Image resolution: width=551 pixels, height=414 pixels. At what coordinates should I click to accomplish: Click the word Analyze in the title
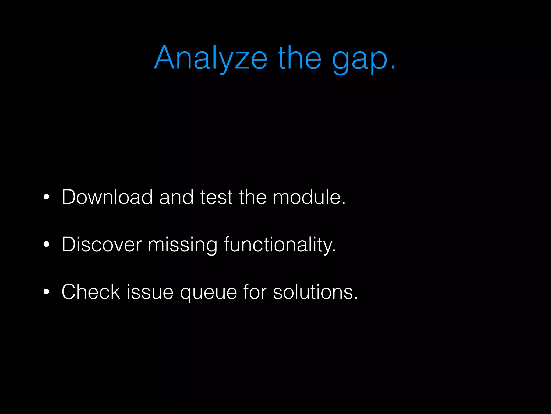click(211, 58)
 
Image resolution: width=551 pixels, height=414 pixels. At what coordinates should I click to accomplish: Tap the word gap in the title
click(359, 59)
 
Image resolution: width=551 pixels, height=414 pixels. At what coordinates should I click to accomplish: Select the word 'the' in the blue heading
click(299, 58)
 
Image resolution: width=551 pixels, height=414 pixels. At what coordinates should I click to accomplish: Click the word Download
click(107, 197)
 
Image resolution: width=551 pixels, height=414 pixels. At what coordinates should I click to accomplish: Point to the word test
click(216, 197)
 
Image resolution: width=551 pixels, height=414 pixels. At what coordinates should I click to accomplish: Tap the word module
click(309, 197)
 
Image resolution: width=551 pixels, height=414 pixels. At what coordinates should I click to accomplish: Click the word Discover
click(101, 244)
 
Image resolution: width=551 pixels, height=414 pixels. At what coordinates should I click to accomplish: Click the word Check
click(91, 292)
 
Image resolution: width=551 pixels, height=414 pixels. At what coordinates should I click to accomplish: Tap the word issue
click(150, 292)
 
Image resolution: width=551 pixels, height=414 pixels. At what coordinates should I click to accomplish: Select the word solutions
click(315, 292)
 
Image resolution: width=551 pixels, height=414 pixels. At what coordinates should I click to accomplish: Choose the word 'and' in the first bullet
click(176, 197)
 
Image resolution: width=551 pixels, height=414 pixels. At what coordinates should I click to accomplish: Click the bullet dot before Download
click(46, 197)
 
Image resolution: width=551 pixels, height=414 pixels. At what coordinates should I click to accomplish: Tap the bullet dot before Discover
click(46, 244)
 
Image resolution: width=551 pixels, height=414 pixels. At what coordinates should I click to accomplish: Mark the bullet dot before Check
click(46, 292)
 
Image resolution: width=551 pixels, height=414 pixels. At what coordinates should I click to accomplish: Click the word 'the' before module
click(252, 197)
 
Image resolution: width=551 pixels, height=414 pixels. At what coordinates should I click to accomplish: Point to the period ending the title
click(393, 68)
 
